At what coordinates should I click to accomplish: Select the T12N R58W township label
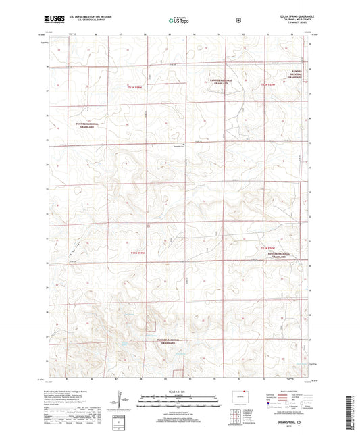click(268, 84)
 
